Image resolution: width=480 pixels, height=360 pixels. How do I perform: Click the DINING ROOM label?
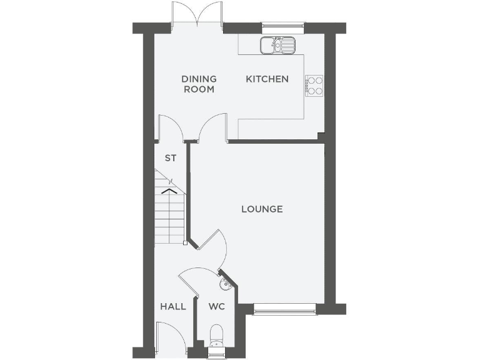[199, 84]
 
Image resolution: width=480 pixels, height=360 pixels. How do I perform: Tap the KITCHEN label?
[267, 79]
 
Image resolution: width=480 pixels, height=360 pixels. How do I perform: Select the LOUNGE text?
[262, 209]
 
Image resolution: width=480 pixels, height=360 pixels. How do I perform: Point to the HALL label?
[173, 306]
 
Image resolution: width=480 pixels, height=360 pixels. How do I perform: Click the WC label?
[216, 306]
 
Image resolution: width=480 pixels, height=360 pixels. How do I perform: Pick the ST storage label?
[170, 158]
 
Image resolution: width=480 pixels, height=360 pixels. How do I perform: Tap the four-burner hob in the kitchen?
[314, 85]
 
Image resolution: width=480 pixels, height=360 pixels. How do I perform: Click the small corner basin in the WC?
[225, 285]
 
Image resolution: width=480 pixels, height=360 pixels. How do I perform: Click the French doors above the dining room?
[197, 14]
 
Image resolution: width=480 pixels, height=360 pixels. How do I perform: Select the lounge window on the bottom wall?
[285, 307]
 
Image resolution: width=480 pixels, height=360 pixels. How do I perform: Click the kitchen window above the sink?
[282, 27]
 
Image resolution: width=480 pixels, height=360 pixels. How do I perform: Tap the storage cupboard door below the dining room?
[169, 127]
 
